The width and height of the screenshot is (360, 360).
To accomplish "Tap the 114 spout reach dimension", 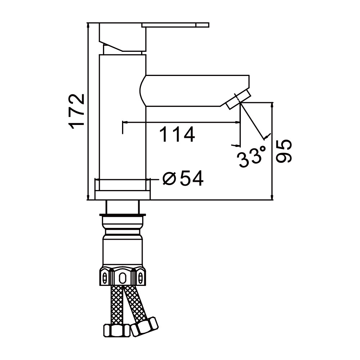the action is (x=177, y=134).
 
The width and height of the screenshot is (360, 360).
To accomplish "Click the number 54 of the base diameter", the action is (x=192, y=178).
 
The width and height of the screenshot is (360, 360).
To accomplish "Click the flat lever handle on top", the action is (x=175, y=25).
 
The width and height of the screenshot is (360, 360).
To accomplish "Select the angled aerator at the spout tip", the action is (x=239, y=99).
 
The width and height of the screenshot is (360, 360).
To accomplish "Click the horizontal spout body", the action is (x=194, y=90).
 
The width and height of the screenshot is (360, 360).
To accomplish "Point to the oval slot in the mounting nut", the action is (x=122, y=278).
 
